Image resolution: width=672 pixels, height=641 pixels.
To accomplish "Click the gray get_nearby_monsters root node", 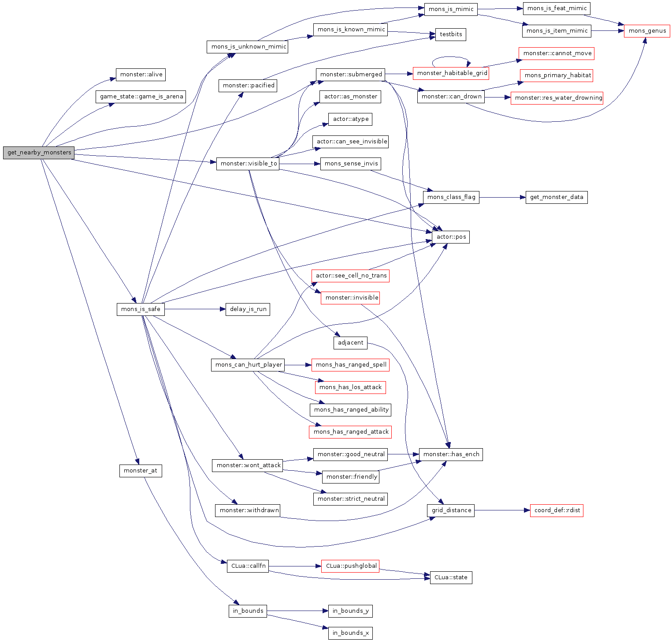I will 39,153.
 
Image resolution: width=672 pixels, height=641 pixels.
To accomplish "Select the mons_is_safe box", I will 141,309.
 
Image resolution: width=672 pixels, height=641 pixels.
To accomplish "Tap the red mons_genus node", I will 647,31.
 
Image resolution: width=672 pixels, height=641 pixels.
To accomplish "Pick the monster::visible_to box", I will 249,164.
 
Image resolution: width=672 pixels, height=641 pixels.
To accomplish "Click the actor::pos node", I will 451,237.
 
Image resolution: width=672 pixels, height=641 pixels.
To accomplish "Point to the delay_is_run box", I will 248,309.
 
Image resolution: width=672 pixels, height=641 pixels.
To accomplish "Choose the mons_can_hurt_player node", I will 248,365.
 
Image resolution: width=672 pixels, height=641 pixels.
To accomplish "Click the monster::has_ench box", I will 451,454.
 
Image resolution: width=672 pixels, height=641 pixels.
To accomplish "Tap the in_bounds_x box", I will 350,633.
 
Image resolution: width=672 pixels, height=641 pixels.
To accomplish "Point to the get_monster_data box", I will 556,197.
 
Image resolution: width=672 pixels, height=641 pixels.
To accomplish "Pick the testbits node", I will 451,34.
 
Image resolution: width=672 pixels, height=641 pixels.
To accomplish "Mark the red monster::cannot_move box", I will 557,53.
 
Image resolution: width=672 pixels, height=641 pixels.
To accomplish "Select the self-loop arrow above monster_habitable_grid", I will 450,57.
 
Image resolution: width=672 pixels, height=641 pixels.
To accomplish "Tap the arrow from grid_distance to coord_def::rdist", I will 502,510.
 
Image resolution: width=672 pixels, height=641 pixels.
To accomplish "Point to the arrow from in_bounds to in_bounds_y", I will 297,611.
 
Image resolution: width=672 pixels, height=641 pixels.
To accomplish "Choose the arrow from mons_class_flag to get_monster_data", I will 502,197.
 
